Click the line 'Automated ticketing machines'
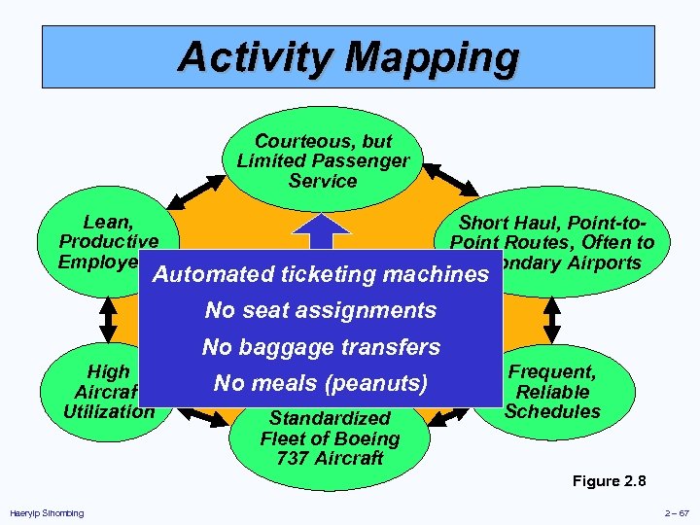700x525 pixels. pyautogui.click(x=320, y=274)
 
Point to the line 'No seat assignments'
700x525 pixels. pyautogui.click(x=320, y=311)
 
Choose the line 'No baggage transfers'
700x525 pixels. pyautogui.click(x=321, y=347)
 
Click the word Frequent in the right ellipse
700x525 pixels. pyautogui.click(x=552, y=372)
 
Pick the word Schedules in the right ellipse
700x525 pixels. pyautogui.click(x=552, y=411)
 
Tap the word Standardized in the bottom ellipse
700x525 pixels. pyautogui.click(x=330, y=419)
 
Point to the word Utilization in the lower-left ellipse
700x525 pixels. pyautogui.click(x=109, y=410)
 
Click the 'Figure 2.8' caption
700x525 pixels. pyautogui.click(x=610, y=481)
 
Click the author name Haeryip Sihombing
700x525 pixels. pyautogui.click(x=47, y=513)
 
